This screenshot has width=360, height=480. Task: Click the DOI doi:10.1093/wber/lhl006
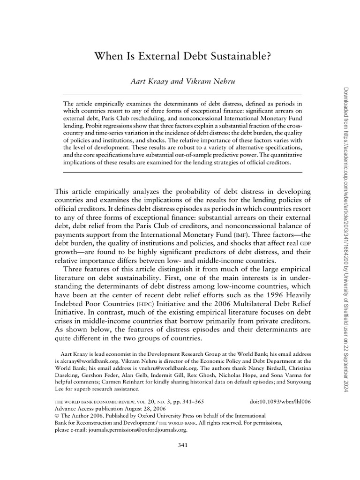click(x=274, y=402)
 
